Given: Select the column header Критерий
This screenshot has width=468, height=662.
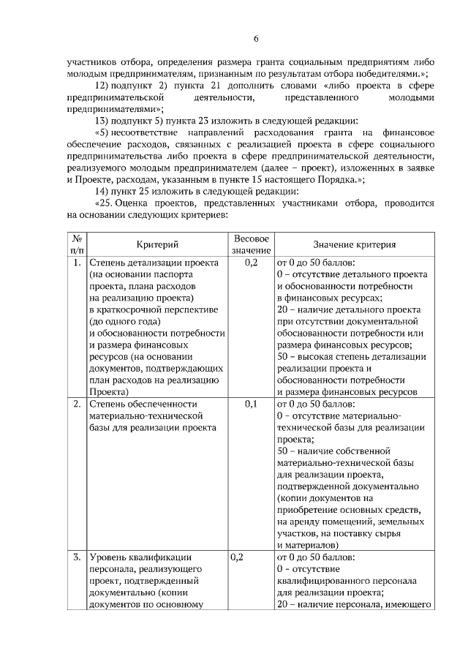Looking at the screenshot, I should (x=157, y=244).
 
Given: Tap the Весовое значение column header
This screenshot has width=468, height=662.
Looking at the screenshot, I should (x=251, y=244).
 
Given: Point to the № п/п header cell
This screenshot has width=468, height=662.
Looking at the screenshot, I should (x=76, y=244).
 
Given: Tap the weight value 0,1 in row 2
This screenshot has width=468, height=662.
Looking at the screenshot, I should (x=251, y=404).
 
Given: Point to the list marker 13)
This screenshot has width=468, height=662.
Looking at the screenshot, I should (x=102, y=120).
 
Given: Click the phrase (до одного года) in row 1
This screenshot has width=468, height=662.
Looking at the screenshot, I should (x=122, y=321).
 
